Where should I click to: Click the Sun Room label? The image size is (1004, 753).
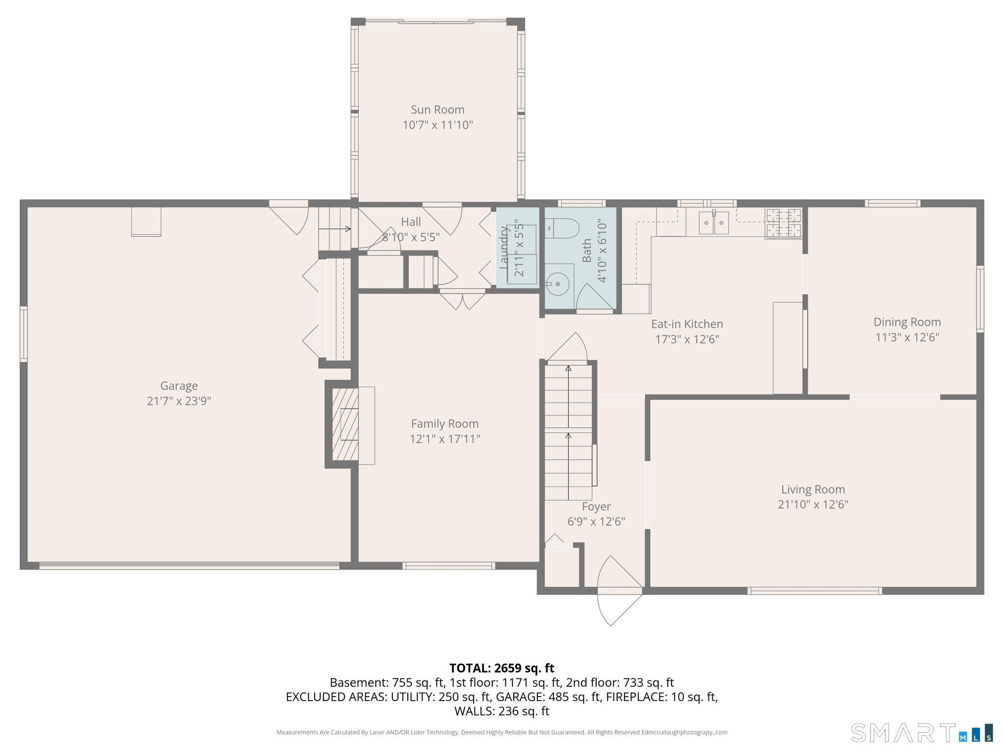(x=437, y=110)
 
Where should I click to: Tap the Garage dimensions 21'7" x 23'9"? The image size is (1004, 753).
(x=179, y=401)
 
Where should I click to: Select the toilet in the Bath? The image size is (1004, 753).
(x=562, y=228)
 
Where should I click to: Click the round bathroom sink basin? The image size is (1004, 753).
(x=558, y=284)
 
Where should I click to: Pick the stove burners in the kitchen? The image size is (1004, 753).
(x=783, y=223)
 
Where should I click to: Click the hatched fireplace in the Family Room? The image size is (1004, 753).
(x=345, y=425)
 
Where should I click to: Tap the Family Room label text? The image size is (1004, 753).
(x=445, y=424)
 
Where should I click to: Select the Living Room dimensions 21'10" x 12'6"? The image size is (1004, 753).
(x=813, y=504)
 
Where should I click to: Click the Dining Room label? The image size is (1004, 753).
(x=907, y=322)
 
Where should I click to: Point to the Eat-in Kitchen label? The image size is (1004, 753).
(x=687, y=324)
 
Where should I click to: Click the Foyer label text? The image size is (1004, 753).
(x=596, y=507)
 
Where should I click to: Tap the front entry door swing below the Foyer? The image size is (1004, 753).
(x=619, y=591)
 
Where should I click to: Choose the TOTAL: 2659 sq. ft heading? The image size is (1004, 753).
(x=502, y=668)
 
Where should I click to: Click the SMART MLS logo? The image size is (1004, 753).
(x=922, y=733)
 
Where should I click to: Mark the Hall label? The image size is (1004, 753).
(x=411, y=222)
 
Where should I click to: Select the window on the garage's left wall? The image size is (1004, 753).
(x=24, y=334)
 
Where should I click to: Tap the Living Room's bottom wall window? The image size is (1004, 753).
(x=814, y=591)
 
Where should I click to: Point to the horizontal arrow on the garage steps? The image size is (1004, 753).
(x=335, y=229)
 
